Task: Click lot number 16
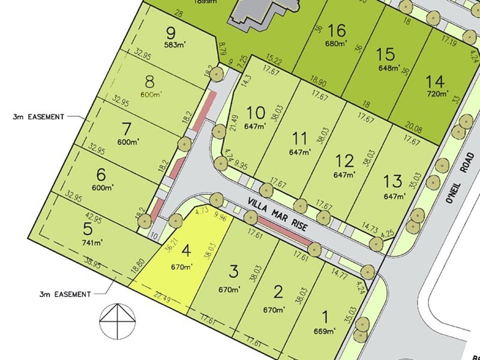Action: [338, 30]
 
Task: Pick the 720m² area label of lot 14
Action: [436, 94]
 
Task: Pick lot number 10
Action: [255, 112]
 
